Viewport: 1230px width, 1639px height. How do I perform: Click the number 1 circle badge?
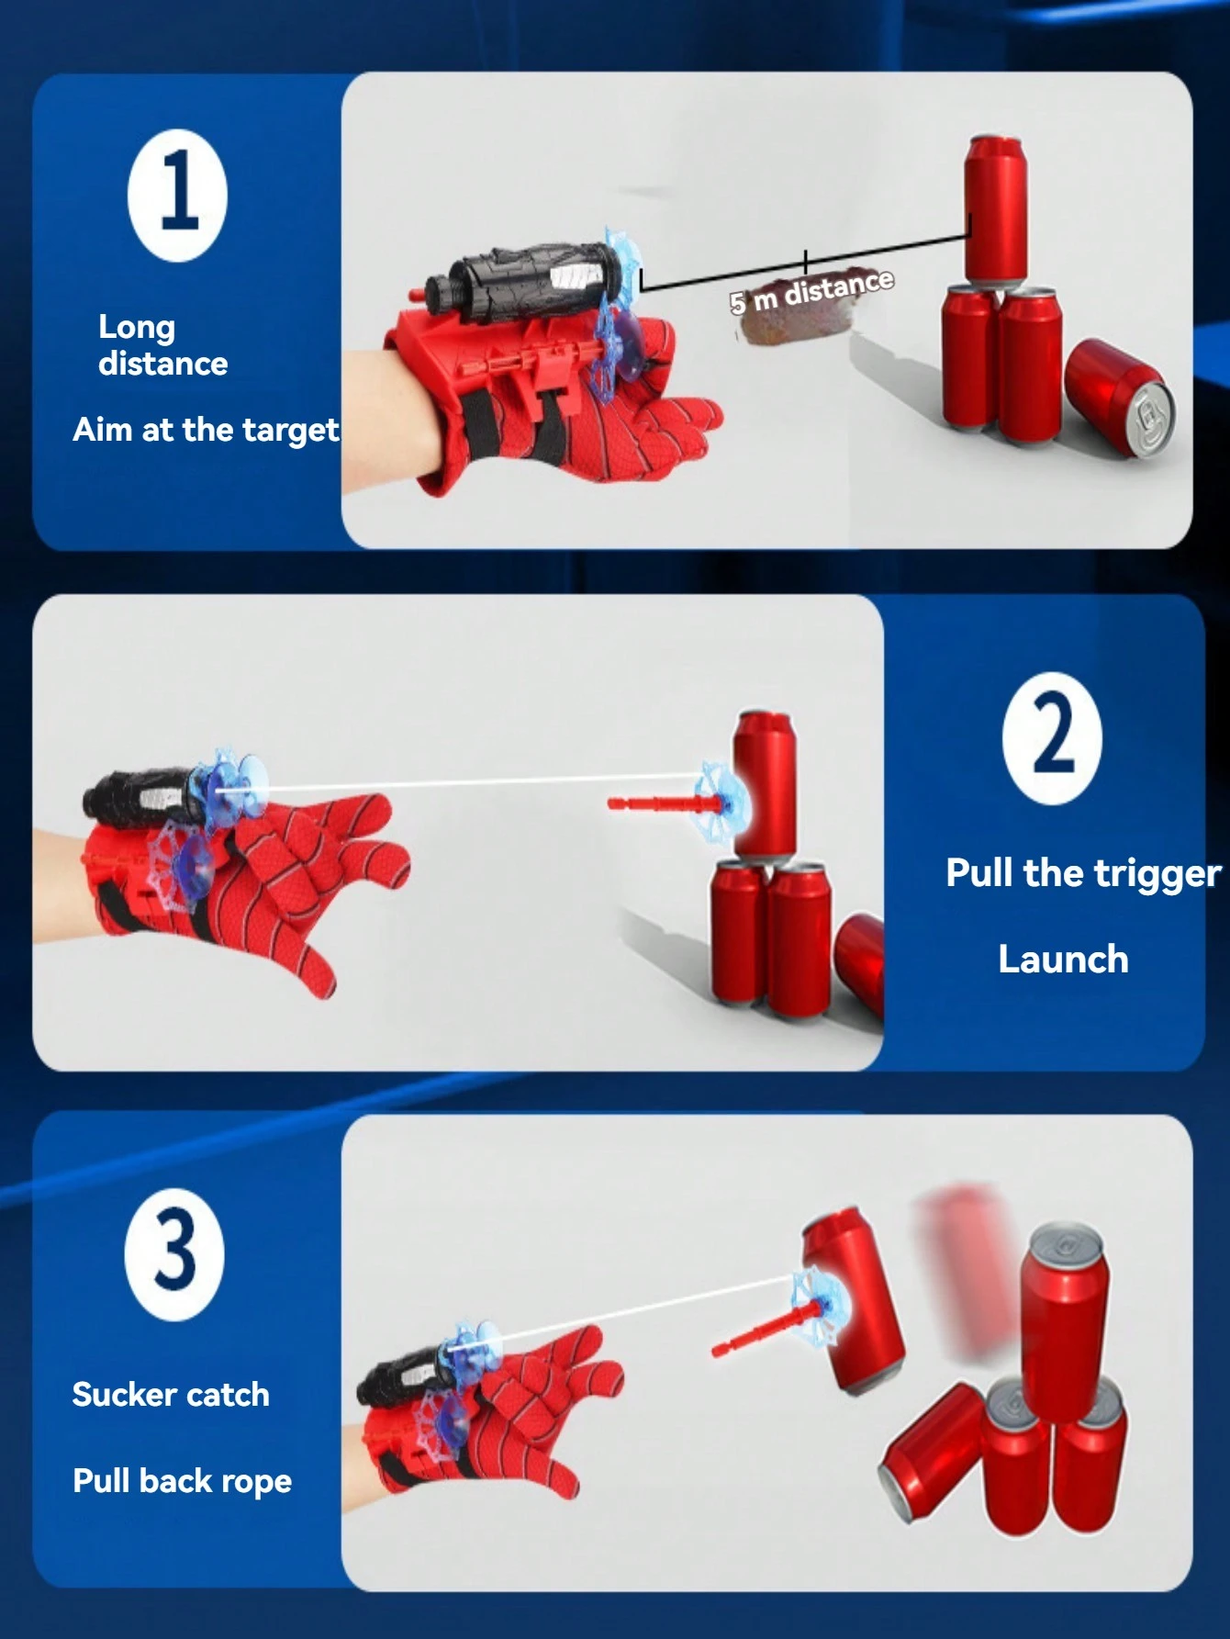tap(177, 196)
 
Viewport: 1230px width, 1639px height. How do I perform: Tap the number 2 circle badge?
tap(1052, 738)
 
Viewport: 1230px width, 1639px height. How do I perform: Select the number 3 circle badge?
tap(174, 1254)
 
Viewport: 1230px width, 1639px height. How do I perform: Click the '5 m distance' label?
tap(811, 291)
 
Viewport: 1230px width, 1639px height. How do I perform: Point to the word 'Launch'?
tap(1063, 960)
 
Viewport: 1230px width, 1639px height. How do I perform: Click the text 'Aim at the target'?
tap(206, 430)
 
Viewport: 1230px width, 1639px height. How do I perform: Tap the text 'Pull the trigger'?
tap(1083, 873)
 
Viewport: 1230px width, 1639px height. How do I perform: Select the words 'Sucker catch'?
tap(171, 1395)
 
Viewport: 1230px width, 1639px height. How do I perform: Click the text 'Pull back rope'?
tap(182, 1481)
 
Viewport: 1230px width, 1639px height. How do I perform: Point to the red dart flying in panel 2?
tap(661, 804)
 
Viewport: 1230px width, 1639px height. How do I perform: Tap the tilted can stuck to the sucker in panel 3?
tap(854, 1299)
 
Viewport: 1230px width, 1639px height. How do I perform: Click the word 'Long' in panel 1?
tap(137, 326)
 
